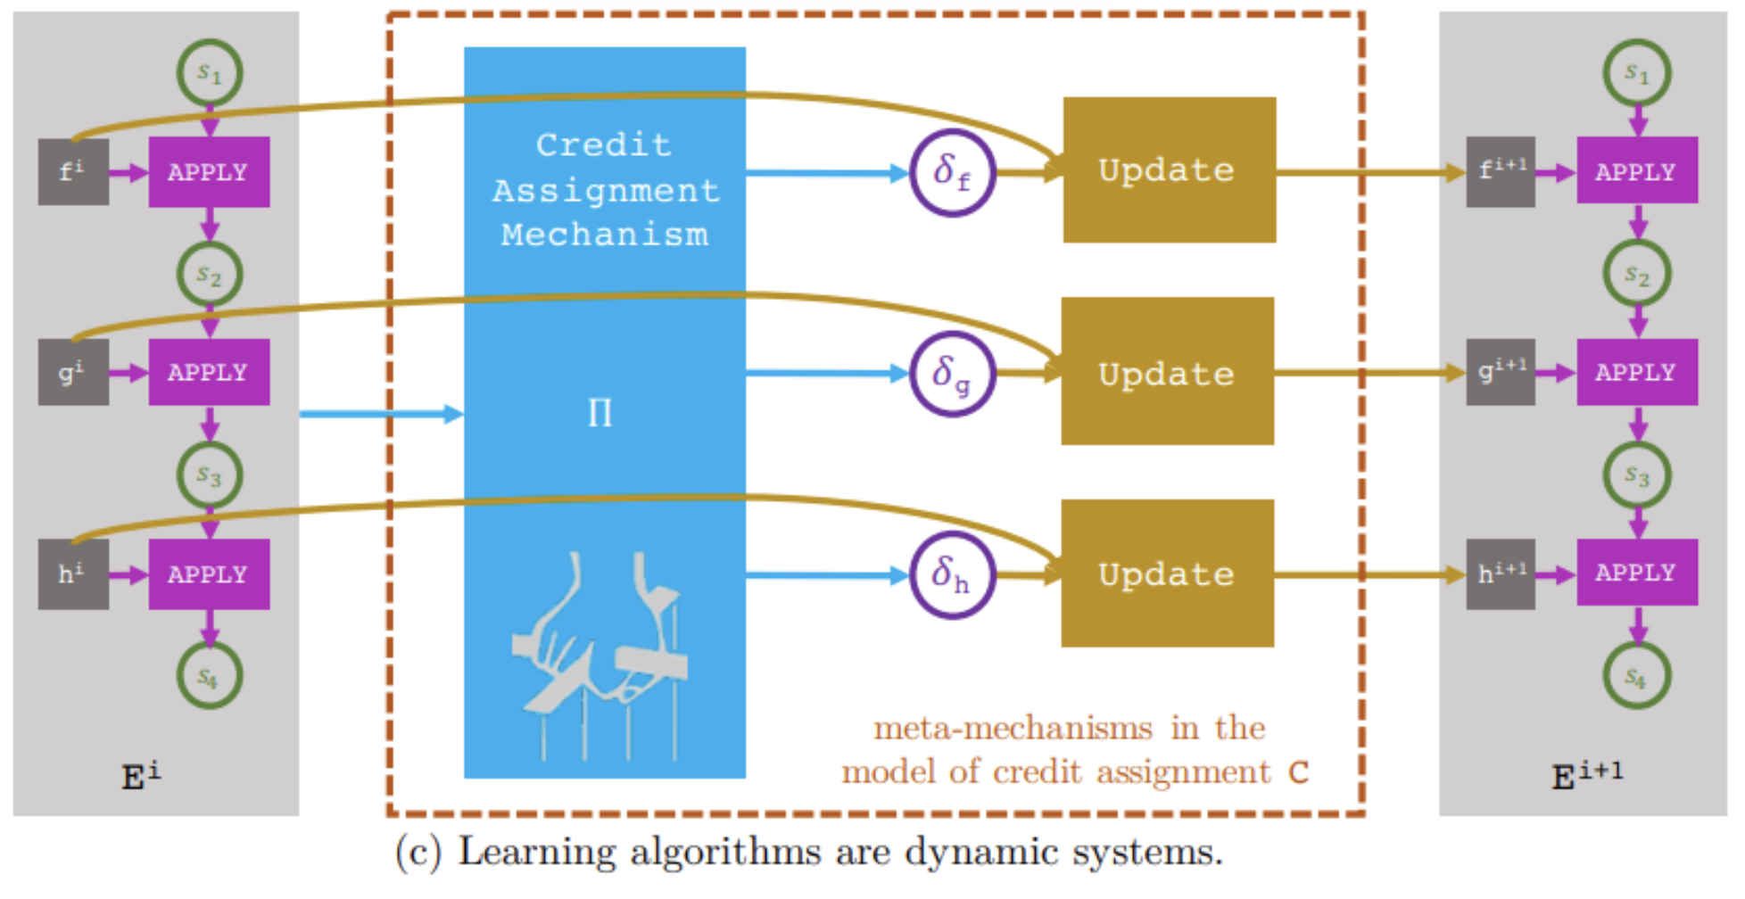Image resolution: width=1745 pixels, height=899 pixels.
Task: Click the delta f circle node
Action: (952, 172)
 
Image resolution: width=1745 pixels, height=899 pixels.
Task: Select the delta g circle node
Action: (952, 374)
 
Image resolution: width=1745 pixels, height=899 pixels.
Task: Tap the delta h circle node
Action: (952, 575)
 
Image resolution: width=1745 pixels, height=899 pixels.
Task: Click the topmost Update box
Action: (1169, 169)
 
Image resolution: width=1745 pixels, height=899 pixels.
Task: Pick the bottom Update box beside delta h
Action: (1167, 573)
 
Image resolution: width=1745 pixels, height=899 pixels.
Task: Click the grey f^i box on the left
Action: (73, 171)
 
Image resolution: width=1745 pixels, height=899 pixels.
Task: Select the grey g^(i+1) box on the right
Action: (1501, 371)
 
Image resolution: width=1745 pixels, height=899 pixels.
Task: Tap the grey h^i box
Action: (73, 573)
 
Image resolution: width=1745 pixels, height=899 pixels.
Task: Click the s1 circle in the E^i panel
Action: (210, 73)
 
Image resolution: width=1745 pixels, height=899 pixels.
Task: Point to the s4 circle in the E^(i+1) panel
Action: (1636, 676)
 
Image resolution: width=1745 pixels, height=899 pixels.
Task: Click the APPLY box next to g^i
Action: (209, 372)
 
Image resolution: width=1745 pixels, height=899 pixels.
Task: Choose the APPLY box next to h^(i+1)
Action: (1636, 573)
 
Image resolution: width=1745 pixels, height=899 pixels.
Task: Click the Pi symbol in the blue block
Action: (600, 413)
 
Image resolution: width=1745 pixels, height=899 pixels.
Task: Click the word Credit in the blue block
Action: (603, 144)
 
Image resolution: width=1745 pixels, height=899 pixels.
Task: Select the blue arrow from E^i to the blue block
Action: (379, 414)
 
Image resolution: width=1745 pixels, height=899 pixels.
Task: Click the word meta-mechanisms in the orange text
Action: (1013, 729)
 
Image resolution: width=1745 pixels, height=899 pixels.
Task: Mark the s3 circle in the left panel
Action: (210, 474)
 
